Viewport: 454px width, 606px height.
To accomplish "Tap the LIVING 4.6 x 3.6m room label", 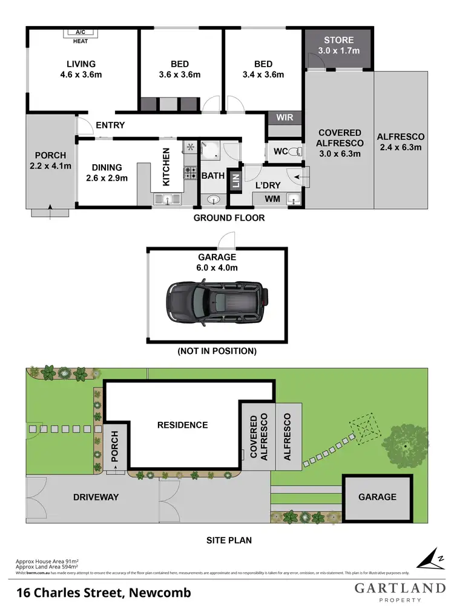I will [x=81, y=69].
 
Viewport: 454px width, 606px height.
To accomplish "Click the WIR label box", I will [x=285, y=117].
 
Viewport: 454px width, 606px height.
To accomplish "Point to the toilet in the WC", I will [x=295, y=151].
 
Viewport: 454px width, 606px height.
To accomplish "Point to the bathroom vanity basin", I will [x=214, y=199].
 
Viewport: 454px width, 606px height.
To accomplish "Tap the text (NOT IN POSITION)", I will [x=217, y=351].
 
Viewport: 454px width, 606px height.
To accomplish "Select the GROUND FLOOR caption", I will [x=229, y=218].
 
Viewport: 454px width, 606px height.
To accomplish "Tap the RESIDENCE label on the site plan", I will [x=182, y=425].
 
